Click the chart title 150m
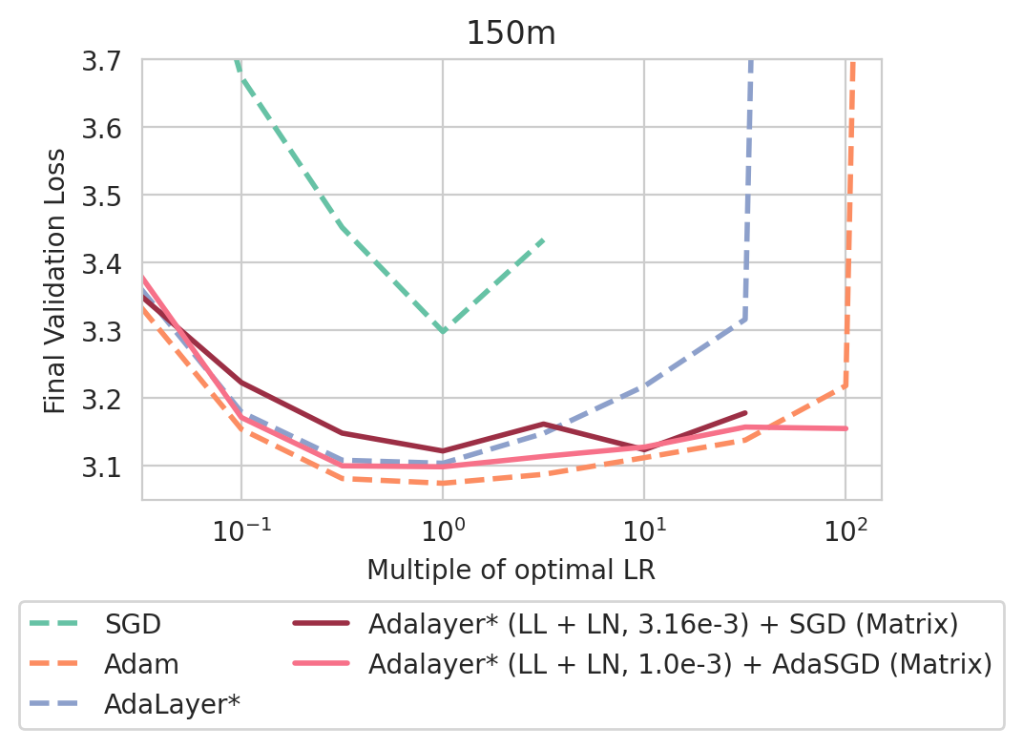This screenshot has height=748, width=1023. (x=511, y=33)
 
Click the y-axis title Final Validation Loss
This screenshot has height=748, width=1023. (x=56, y=280)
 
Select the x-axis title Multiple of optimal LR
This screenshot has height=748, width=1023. (x=511, y=571)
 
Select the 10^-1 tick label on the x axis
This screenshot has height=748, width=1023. (x=240, y=527)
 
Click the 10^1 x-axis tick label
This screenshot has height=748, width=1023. (x=644, y=527)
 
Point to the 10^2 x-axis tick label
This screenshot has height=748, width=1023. (x=846, y=527)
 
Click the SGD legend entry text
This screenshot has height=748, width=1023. (x=134, y=625)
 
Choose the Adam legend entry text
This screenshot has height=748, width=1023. (x=141, y=664)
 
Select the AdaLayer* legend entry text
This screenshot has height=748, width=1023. (x=172, y=704)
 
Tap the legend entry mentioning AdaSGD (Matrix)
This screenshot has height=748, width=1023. (x=679, y=664)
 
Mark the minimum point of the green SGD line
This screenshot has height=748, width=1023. (x=443, y=331)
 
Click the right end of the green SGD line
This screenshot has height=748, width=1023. (x=544, y=239)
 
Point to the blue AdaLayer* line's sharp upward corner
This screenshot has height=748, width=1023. (x=744, y=318)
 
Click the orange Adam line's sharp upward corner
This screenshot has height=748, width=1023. (x=846, y=384)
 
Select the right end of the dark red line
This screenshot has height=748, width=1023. (x=745, y=413)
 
